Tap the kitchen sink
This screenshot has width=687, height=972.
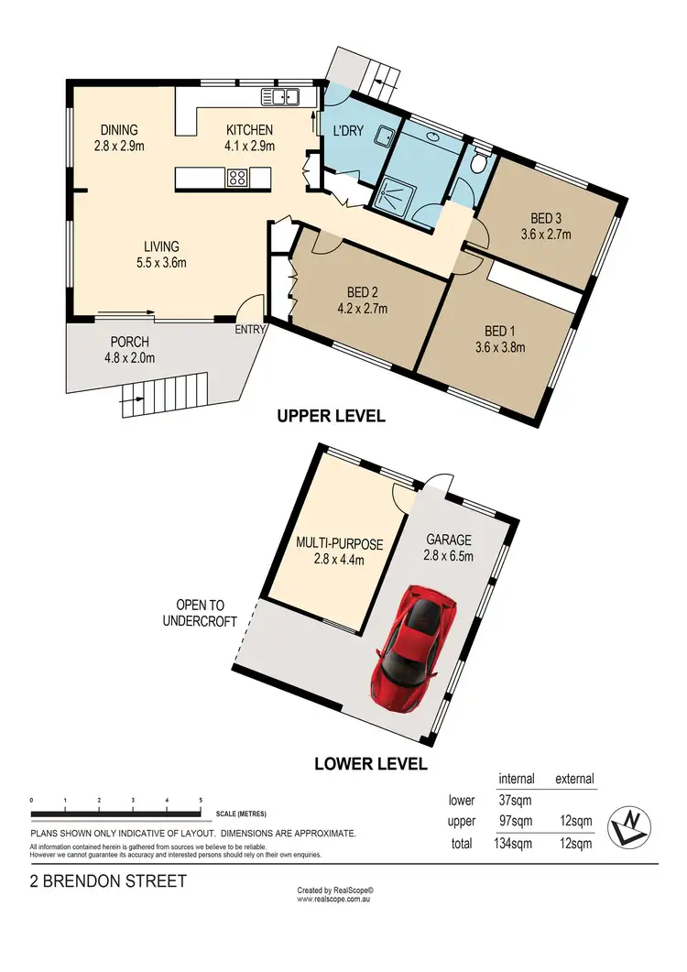[x=280, y=95]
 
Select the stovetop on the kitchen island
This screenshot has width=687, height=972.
[x=237, y=178]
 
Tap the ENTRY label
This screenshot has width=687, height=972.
[x=250, y=330]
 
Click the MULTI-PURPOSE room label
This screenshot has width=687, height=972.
[x=339, y=543]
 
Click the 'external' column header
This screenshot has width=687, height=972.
[x=575, y=780]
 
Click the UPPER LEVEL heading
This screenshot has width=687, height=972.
[x=331, y=416]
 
